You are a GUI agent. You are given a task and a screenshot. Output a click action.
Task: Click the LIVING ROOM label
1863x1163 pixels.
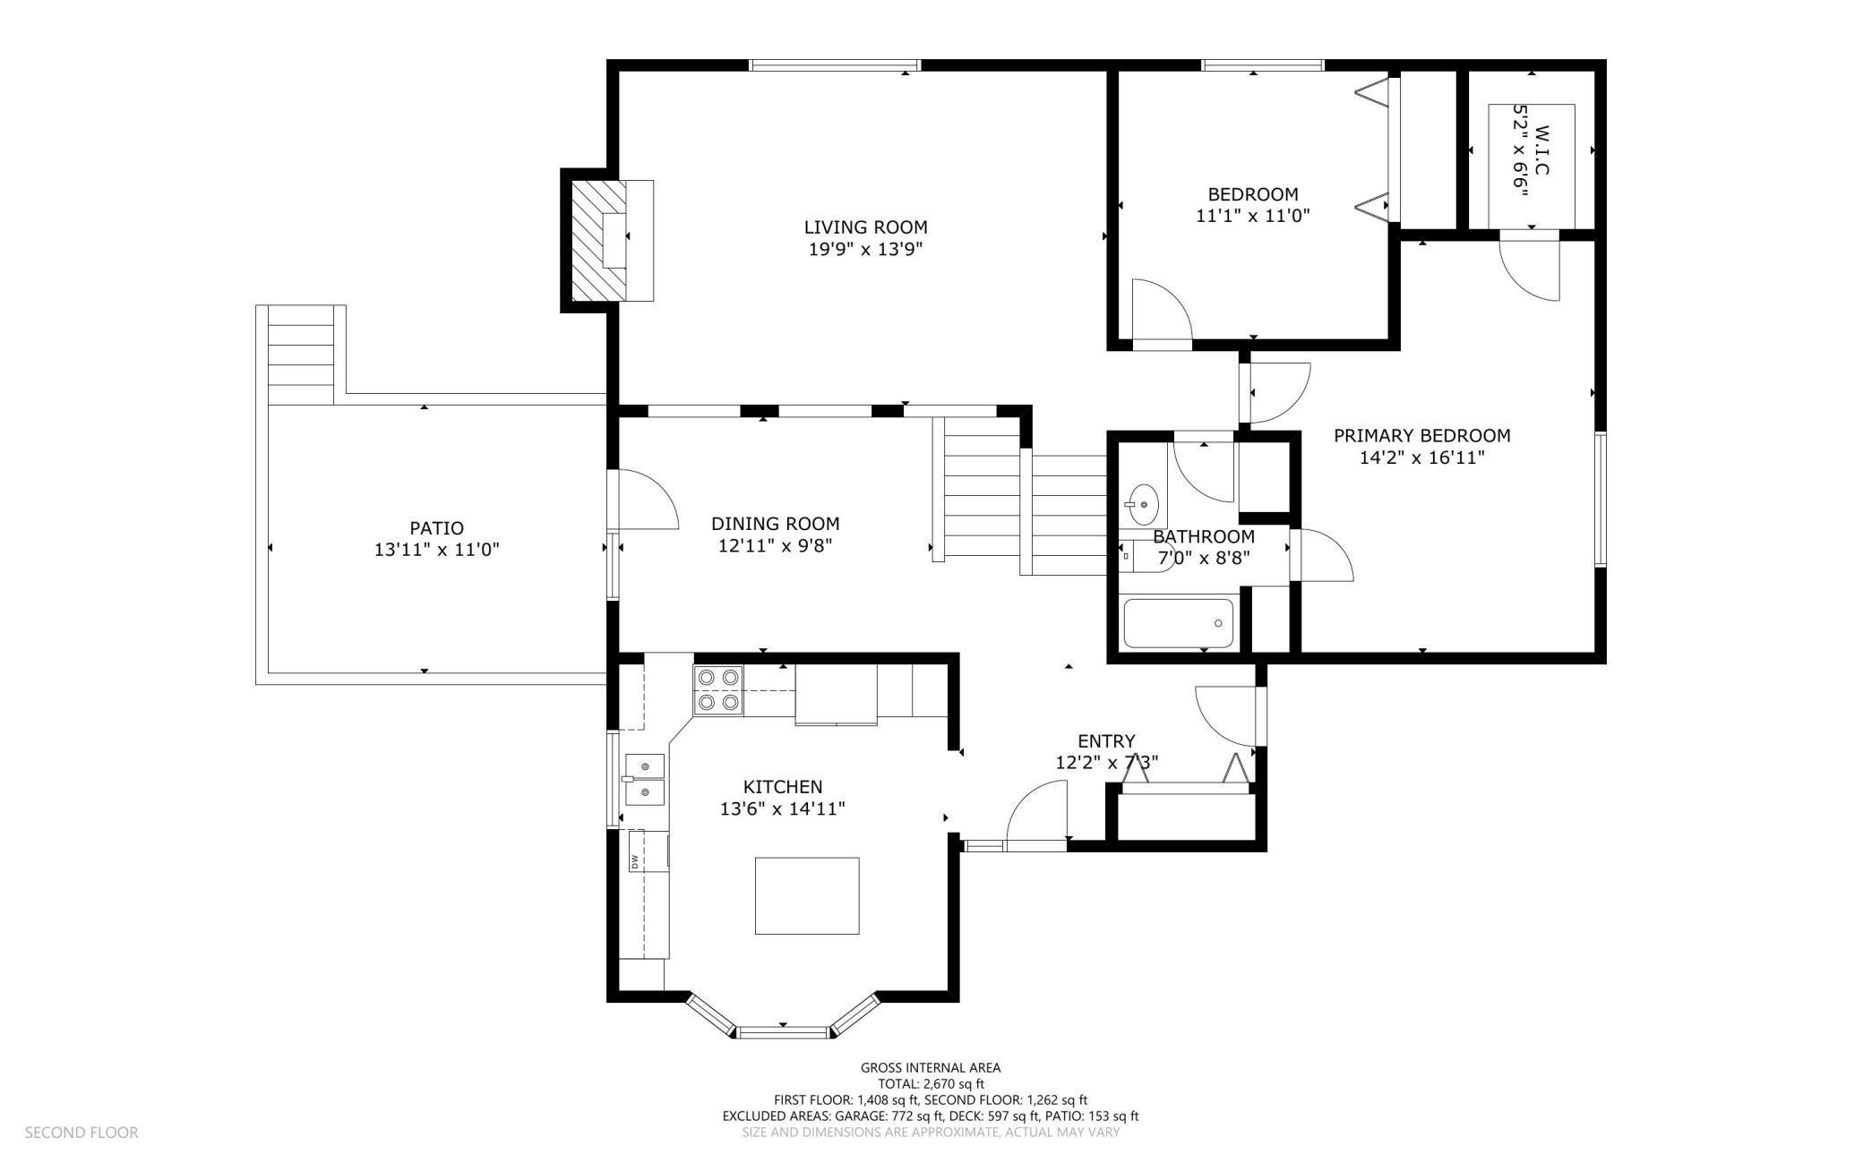865,227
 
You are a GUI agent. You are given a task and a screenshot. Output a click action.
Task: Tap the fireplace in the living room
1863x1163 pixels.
607,240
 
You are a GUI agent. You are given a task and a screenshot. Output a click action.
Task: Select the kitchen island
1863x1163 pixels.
807,895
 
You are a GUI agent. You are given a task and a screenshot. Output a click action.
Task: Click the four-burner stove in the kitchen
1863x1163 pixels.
719,690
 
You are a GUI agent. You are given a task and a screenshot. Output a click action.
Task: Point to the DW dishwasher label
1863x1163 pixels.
634,862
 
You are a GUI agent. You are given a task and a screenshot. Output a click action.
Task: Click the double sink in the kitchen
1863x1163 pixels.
644,780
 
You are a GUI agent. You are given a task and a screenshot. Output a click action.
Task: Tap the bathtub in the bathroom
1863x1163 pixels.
1178,623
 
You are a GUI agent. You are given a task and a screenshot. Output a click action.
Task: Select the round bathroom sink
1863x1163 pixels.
1143,504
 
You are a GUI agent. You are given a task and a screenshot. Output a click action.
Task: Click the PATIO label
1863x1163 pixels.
437,528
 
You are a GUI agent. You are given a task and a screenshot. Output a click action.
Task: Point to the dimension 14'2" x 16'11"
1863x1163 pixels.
1422,458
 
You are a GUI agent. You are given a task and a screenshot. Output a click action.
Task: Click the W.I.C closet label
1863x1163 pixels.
1541,150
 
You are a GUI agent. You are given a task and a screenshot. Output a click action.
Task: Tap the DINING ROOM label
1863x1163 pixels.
776,524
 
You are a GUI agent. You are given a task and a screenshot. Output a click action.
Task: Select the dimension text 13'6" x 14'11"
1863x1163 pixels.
783,808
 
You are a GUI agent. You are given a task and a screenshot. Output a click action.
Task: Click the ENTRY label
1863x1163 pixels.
1106,741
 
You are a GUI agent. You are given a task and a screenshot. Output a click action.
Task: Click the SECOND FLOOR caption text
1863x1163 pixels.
82,1133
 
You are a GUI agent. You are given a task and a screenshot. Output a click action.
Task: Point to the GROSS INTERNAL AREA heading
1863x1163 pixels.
931,1067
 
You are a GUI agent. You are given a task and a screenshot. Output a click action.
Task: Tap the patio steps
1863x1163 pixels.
301,355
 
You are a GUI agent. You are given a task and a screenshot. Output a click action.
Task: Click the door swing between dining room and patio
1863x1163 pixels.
643,500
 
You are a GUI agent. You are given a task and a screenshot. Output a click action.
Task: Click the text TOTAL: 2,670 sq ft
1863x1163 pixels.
931,1083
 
